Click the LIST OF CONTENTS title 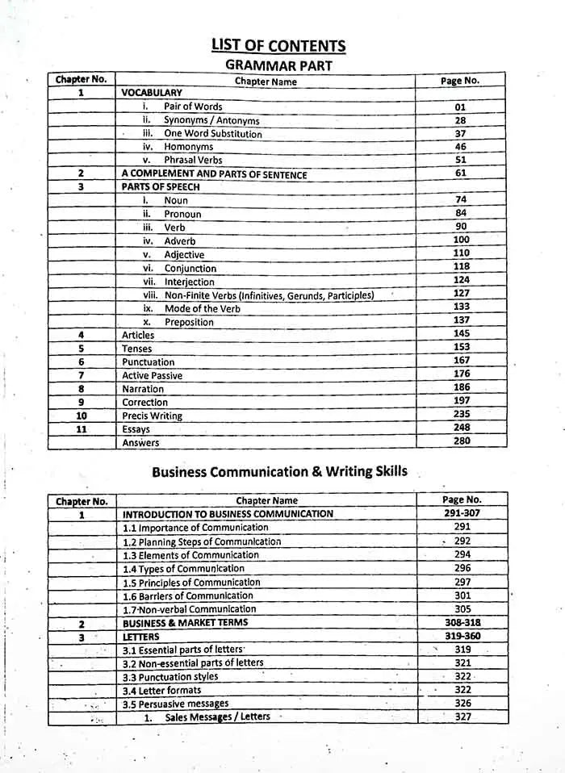[x=278, y=46]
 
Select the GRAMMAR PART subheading [x=278, y=65]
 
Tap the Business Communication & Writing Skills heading [x=279, y=472]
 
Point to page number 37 [x=460, y=134]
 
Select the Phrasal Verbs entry [x=193, y=161]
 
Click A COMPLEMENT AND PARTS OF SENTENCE [x=214, y=174]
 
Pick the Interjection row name [x=189, y=282]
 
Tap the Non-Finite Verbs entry [x=269, y=295]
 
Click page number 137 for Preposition [x=461, y=320]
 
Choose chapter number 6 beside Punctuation [x=81, y=362]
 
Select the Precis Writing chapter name [x=152, y=416]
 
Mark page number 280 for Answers [x=461, y=441]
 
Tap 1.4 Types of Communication [x=183, y=569]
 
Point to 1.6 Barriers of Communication [x=189, y=596]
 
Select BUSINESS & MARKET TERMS [x=185, y=623]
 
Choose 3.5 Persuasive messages [x=175, y=704]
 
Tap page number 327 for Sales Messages [x=462, y=717]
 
